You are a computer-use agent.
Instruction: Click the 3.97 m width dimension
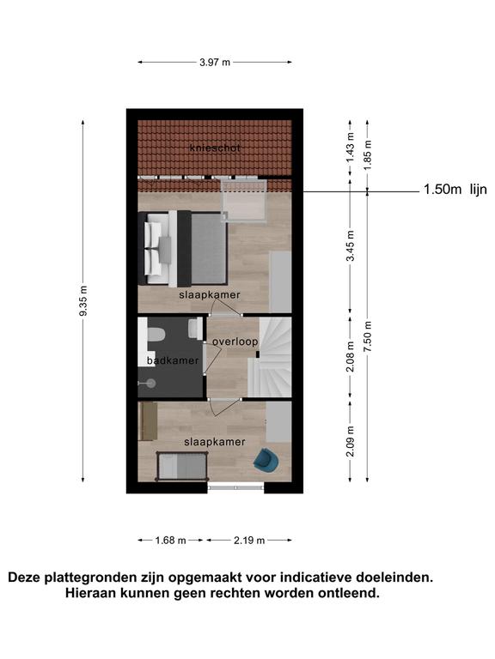pos(215,63)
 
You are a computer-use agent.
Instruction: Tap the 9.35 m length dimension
pos(83,301)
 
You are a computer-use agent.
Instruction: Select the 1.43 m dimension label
pos(351,148)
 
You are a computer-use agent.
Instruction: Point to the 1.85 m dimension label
pos(368,155)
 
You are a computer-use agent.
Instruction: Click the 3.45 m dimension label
pos(351,245)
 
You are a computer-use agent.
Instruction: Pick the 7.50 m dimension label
pos(368,336)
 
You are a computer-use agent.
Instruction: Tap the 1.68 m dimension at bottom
pos(170,541)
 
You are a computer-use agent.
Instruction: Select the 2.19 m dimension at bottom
pos(249,541)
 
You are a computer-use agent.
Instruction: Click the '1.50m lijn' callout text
pos(455,190)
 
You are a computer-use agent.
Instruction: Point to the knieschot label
pos(215,148)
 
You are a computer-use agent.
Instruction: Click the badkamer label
pos(173,360)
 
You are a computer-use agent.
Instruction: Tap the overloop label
pos(235,342)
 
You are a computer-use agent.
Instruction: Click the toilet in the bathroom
pos(156,335)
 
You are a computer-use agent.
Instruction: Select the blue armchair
pos(266,460)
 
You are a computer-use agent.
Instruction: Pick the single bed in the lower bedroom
pos(182,467)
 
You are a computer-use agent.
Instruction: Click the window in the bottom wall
pos(235,487)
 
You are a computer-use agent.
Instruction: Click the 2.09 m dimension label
pos(351,441)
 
